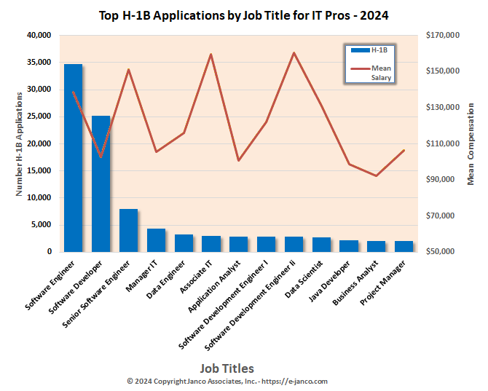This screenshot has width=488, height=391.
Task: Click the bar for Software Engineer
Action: [x=73, y=158]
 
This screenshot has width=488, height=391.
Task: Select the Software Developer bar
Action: [x=101, y=183]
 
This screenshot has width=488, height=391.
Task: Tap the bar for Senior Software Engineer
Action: [x=128, y=230]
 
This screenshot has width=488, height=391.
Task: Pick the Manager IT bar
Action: [x=156, y=240]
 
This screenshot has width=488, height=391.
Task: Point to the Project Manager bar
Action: [x=404, y=246]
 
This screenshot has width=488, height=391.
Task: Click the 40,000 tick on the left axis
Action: [x=39, y=35]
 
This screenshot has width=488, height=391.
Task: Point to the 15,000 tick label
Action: [x=39, y=170]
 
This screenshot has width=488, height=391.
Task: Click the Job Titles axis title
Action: [x=227, y=368]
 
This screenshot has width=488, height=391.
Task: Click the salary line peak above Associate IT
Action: [x=210, y=54]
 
